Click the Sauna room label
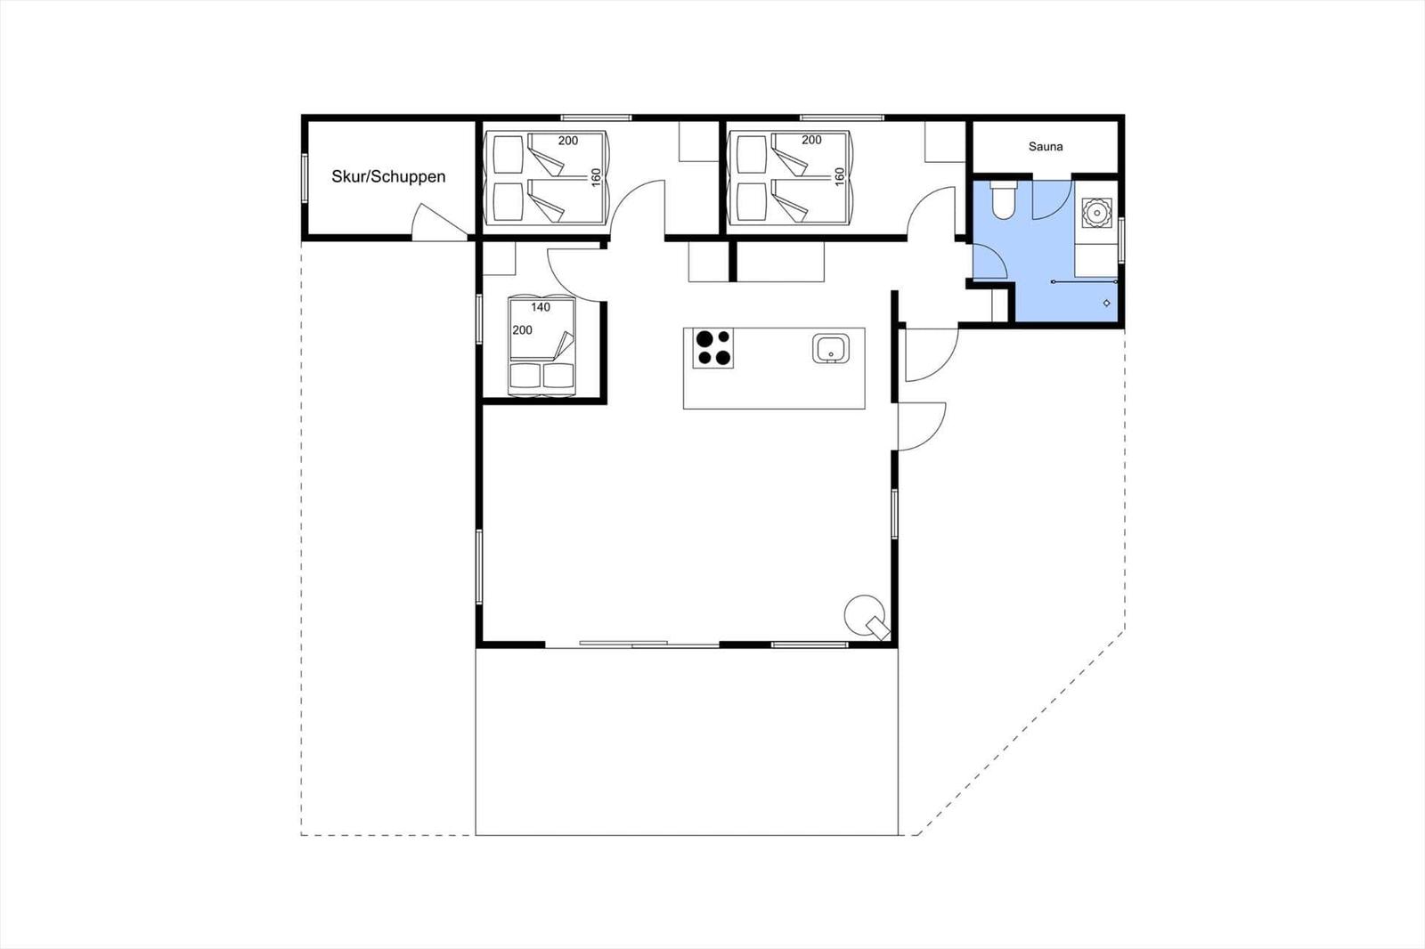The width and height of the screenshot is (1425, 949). point(1046,147)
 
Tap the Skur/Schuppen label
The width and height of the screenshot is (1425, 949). point(388,177)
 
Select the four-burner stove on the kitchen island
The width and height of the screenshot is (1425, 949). point(713,348)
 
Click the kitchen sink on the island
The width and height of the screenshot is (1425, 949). point(830,349)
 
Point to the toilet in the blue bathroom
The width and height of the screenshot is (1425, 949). point(1004,199)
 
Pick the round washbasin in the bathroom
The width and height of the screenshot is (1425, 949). point(1096,213)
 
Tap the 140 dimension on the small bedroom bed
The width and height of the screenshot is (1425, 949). point(541,307)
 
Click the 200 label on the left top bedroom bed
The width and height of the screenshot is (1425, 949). point(568,141)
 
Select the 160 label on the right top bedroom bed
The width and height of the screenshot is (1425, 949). point(839,177)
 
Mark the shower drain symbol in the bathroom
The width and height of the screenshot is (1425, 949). point(1106,303)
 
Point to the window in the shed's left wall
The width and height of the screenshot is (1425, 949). point(305,178)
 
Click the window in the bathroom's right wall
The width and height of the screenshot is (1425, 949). point(1121,239)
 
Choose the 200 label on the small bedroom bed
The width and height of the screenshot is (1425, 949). point(522,330)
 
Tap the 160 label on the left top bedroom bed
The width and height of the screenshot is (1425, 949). point(596,177)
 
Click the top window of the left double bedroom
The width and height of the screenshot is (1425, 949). point(596,118)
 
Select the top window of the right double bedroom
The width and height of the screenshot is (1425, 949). point(842,118)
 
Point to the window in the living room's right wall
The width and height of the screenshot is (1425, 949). point(894,514)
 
